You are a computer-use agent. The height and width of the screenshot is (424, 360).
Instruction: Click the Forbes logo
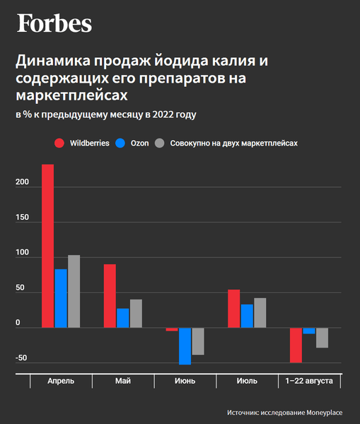(54, 24)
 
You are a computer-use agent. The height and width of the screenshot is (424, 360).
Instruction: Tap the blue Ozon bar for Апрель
(61, 298)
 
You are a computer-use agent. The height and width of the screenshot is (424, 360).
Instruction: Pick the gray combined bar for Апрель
(74, 291)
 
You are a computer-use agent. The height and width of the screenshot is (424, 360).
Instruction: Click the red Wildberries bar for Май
(110, 296)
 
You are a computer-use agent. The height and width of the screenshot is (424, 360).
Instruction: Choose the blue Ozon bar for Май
(123, 318)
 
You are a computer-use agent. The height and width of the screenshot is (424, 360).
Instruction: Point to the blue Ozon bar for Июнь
(185, 346)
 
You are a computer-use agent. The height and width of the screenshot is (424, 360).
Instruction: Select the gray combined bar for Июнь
(198, 341)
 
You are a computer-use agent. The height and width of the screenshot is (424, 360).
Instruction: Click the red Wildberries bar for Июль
(233, 309)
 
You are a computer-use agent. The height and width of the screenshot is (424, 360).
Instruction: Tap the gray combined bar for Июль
(260, 313)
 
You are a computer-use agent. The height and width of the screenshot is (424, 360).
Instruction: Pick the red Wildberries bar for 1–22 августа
(296, 345)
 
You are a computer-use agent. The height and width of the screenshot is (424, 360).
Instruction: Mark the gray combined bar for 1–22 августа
(322, 338)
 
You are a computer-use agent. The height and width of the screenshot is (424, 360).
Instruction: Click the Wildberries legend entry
(82, 143)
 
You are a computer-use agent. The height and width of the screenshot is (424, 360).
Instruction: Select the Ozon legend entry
(132, 143)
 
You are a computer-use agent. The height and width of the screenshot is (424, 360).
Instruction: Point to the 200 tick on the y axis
(22, 182)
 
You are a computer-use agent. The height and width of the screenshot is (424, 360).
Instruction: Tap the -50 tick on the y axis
(22, 358)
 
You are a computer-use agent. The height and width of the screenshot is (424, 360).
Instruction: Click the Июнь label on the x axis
(185, 381)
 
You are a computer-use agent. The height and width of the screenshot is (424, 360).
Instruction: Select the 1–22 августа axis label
(308, 381)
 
